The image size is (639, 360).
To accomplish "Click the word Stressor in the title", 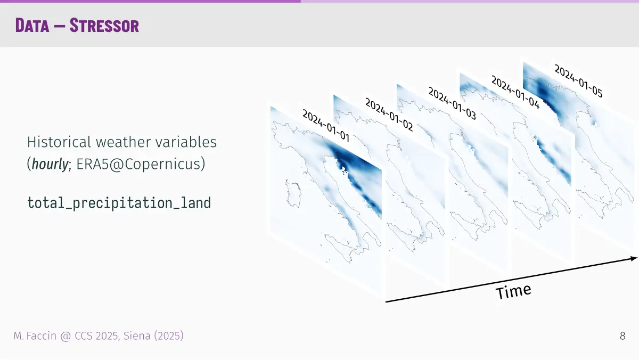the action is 104,26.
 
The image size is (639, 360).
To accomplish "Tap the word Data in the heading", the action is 32,26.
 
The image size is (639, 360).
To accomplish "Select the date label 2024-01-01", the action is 326,126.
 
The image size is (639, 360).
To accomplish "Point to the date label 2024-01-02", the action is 389,114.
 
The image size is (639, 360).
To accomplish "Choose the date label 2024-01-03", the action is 452,103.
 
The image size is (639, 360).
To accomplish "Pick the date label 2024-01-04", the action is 515,92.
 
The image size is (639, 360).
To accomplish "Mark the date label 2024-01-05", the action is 578,81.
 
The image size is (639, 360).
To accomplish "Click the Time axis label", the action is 513,291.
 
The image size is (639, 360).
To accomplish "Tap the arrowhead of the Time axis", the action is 634,258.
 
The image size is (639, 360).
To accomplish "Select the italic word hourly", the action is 50,164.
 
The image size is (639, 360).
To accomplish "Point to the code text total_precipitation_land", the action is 119,203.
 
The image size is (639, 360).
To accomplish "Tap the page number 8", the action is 622,336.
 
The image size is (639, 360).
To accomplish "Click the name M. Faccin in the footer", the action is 35,336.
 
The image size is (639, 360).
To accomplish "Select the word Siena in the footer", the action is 137,336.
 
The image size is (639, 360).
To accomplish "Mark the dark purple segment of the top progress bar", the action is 150,1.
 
